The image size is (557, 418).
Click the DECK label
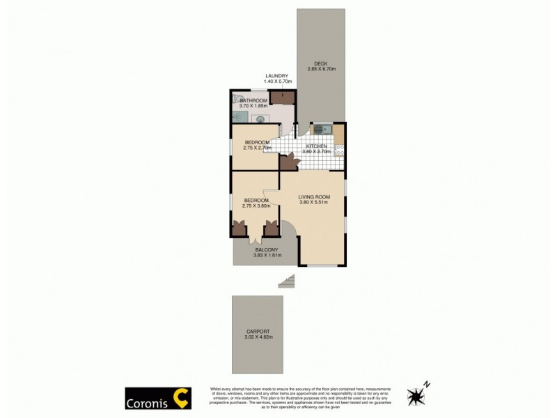(x=320, y=63)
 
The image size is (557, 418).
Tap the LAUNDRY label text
(x=276, y=76)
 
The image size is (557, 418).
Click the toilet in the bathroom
(x=239, y=100)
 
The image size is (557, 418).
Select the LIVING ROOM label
(x=314, y=197)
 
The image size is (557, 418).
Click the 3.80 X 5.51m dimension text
(x=314, y=203)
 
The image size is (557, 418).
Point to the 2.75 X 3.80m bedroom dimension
(x=256, y=206)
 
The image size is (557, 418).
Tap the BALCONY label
(x=267, y=250)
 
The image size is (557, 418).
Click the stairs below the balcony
(x=287, y=281)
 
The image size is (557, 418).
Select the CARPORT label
(x=258, y=332)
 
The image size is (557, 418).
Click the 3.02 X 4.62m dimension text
(x=258, y=337)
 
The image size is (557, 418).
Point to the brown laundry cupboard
(x=282, y=98)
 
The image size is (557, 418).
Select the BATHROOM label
(x=253, y=100)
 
